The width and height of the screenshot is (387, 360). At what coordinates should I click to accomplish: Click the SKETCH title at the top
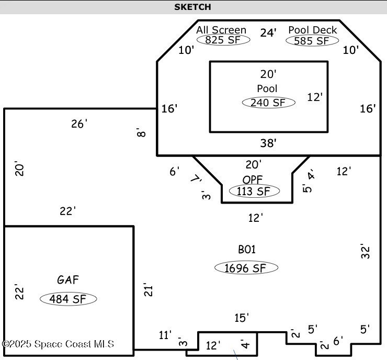pyautogui.click(x=193, y=7)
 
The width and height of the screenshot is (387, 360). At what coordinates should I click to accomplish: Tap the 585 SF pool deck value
pyautogui.click(x=312, y=40)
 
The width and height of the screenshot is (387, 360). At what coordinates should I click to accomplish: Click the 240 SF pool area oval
pyautogui.click(x=268, y=103)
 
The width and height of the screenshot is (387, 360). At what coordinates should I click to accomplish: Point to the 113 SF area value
pyautogui.click(x=254, y=192)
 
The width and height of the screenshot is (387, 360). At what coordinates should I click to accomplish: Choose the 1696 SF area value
pyautogui.click(x=246, y=268)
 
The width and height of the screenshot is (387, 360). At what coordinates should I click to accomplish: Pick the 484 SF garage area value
pyautogui.click(x=69, y=299)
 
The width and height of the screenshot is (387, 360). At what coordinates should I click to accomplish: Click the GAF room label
pyautogui.click(x=68, y=280)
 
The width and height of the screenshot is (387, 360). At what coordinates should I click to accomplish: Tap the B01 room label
pyautogui.click(x=247, y=250)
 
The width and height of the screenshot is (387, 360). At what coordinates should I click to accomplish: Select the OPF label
pyautogui.click(x=253, y=179)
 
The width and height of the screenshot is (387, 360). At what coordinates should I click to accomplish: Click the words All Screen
pyautogui.click(x=221, y=30)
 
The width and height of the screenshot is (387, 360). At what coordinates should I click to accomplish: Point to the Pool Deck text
pyautogui.click(x=313, y=30)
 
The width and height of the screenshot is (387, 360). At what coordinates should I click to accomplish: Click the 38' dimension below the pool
pyautogui.click(x=268, y=142)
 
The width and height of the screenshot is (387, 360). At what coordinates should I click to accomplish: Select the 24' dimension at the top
pyautogui.click(x=268, y=33)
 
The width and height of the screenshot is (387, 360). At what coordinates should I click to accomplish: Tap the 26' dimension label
pyautogui.click(x=79, y=124)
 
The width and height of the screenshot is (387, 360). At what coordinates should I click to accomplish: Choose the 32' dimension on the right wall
pyautogui.click(x=366, y=251)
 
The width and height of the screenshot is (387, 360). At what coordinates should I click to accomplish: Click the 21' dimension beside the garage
pyautogui.click(x=148, y=290)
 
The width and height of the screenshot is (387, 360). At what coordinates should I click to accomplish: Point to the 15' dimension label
pyautogui.click(x=242, y=318)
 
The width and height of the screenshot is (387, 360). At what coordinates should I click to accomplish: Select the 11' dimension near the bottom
pyautogui.click(x=165, y=335)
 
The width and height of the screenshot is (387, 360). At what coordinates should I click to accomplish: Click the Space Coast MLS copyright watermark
pyautogui.click(x=58, y=344)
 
